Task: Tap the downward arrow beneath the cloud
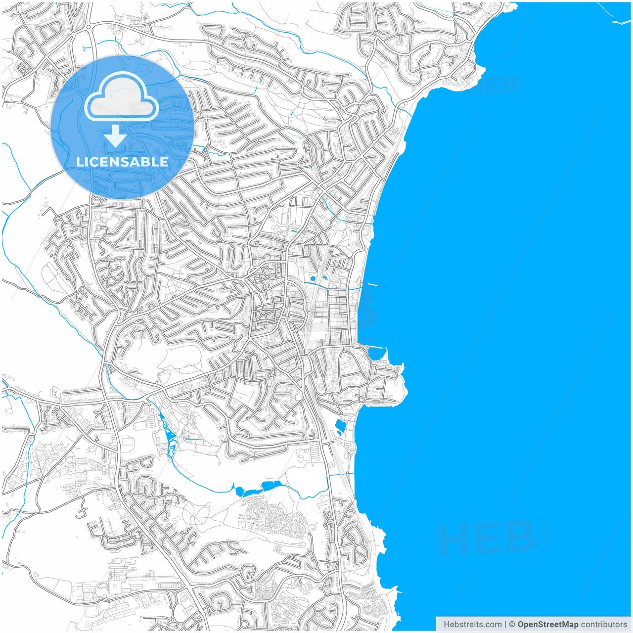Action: [115, 136]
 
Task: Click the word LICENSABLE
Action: [122, 162]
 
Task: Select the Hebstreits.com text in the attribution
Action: [472, 624]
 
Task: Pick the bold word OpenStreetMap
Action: [547, 624]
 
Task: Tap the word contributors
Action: [603, 624]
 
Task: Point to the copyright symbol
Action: [512, 624]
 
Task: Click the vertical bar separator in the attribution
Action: [505, 624]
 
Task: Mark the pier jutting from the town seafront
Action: [376, 285]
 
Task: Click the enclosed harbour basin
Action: [376, 354]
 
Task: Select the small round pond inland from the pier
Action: [313, 279]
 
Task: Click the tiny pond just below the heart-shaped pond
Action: [339, 434]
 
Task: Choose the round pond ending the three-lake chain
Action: [240, 491]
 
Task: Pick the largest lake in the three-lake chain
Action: [271, 485]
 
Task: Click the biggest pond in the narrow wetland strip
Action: [170, 435]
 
